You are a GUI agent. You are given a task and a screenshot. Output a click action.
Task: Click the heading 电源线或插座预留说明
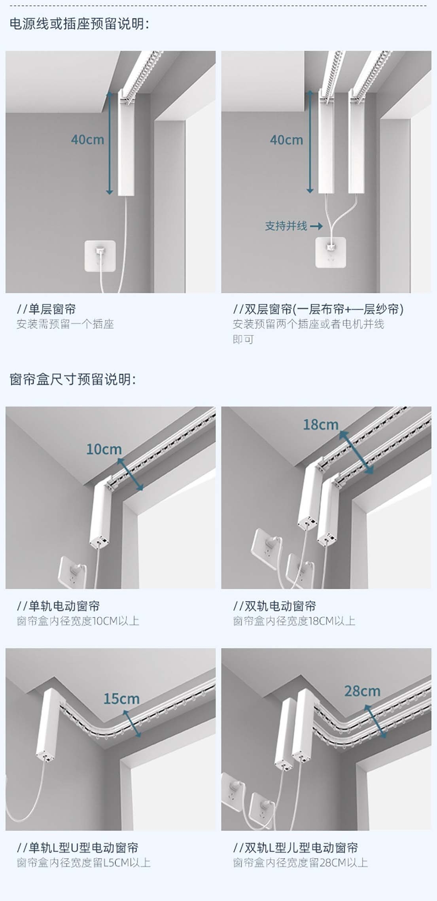pyautogui.click(x=79, y=24)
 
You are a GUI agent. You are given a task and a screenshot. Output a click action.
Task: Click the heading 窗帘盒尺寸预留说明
pyautogui.click(x=72, y=379)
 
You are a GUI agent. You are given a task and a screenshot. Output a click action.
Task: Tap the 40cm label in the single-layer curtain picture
pyautogui.click(x=87, y=140)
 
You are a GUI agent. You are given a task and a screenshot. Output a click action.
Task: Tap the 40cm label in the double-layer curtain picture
pyautogui.click(x=286, y=140)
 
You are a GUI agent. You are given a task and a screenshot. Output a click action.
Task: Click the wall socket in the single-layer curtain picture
pyautogui.click(x=100, y=256)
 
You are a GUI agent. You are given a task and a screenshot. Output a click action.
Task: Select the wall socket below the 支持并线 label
pyautogui.click(x=331, y=252)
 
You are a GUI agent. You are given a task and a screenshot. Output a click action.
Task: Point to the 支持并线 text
pyautogui.click(x=286, y=226)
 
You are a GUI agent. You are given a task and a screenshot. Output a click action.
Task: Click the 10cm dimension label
pyautogui.click(x=104, y=449)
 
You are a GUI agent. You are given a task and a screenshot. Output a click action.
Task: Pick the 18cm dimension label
pyautogui.click(x=321, y=425)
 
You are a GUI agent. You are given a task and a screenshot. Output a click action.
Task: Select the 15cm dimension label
pyautogui.click(x=121, y=699)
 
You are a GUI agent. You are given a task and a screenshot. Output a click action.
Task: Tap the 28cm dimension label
pyautogui.click(x=362, y=691)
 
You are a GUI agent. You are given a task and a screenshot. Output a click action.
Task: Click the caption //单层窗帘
pyautogui.click(x=46, y=309)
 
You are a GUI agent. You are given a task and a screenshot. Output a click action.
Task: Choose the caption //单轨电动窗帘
pyautogui.click(x=58, y=606)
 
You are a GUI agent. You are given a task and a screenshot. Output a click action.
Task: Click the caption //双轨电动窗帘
pyautogui.click(x=274, y=606)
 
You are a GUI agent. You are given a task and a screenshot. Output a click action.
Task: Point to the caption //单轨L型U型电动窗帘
pyautogui.click(x=78, y=848)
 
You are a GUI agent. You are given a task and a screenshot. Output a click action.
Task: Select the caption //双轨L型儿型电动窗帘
pyautogui.click(x=295, y=848)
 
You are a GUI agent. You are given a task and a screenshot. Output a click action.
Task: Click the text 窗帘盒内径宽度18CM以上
pyautogui.click(x=294, y=621)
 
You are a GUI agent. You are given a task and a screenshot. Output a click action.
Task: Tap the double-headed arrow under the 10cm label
pyautogui.click(x=130, y=474)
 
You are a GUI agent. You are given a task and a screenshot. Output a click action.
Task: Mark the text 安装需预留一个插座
pyautogui.click(x=65, y=324)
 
